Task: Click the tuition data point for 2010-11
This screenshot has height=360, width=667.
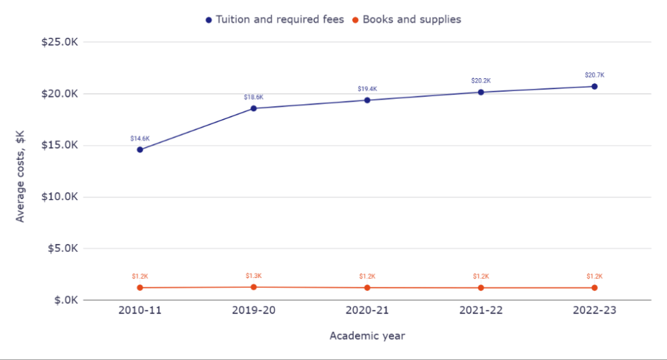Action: point(140,150)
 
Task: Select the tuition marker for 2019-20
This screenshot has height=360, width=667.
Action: point(253,108)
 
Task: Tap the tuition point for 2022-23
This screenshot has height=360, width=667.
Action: point(594,87)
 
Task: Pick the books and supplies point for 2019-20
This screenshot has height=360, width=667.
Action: point(253,287)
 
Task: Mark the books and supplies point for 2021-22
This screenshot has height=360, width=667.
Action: point(481,288)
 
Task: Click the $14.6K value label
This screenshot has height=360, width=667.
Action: point(140,139)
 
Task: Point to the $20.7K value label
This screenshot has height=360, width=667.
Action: point(594,75)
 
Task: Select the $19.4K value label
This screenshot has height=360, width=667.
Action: point(367,89)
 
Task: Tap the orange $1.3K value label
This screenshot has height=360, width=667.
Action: point(253,276)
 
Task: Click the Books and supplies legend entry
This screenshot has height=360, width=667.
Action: point(407,20)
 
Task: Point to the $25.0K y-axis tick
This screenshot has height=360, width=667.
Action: point(60,42)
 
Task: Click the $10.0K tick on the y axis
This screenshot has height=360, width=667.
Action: point(60,197)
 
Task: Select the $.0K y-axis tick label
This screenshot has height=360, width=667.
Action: point(64,301)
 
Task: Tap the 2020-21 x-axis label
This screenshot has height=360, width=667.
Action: point(367,311)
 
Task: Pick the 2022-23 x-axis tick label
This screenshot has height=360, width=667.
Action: point(594,311)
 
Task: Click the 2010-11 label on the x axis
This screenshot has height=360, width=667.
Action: point(140,311)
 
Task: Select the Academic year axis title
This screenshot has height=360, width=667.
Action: point(367,336)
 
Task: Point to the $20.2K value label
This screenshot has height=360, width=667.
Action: point(481,81)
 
